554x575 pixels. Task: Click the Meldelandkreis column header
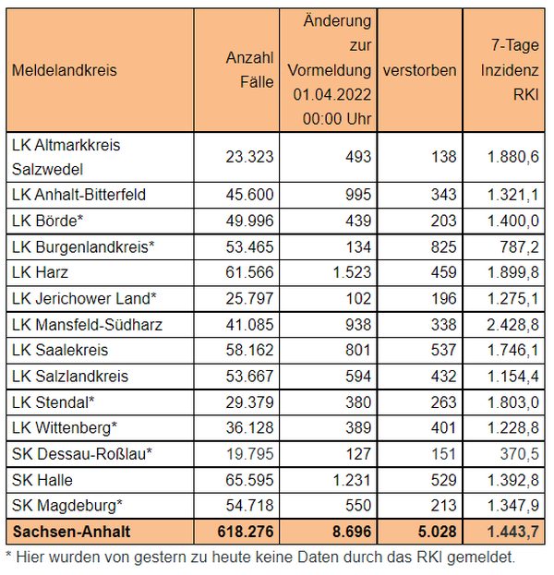point(65,70)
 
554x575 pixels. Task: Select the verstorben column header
point(420,70)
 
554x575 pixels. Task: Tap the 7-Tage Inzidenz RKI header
point(510,69)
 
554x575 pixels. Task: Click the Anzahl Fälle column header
point(250,69)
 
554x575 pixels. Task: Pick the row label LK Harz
point(40,272)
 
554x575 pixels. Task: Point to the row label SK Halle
point(42,480)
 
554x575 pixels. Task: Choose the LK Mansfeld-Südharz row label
point(87,325)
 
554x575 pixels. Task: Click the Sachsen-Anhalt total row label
point(71,532)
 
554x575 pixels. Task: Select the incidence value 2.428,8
point(512,325)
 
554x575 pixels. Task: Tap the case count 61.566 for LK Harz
point(250,272)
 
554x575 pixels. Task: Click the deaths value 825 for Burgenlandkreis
point(444,246)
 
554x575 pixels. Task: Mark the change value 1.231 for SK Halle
point(352,480)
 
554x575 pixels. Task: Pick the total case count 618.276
point(246,532)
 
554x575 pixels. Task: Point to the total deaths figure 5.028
point(438,532)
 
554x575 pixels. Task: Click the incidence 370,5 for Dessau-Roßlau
point(520,454)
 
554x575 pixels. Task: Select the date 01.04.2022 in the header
point(332,95)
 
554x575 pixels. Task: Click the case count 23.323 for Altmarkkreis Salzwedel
point(250,157)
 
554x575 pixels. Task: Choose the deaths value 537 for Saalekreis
point(444,350)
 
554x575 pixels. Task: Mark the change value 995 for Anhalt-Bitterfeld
point(358,195)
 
